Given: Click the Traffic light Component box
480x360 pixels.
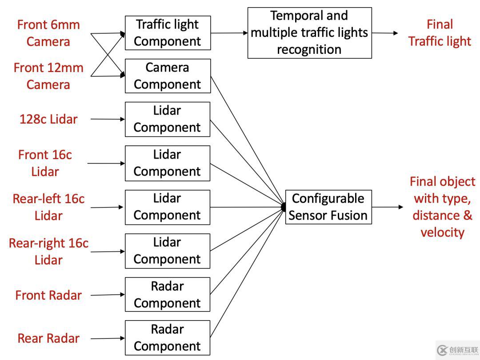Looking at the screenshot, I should [x=168, y=33].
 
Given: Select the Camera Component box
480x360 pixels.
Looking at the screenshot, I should [x=168, y=76].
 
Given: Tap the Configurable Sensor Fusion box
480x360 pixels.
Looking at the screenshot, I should [x=328, y=207].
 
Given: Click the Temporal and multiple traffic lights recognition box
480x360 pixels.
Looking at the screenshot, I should [x=309, y=33].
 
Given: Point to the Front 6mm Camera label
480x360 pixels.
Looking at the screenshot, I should [x=48, y=33].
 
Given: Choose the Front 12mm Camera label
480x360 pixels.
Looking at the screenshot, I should [x=48, y=76].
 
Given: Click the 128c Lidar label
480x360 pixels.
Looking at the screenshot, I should [x=48, y=119].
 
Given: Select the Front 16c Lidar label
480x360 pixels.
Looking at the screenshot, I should [x=45, y=163].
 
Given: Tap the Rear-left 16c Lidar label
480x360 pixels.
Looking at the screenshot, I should [x=48, y=207].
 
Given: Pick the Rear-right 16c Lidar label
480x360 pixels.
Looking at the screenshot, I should [x=48, y=251].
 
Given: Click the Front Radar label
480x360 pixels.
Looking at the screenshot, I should [x=48, y=295].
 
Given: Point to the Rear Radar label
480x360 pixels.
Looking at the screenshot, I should [x=48, y=338].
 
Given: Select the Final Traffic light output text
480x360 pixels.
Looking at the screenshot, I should [x=440, y=33].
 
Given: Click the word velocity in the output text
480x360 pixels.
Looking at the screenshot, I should [x=442, y=232].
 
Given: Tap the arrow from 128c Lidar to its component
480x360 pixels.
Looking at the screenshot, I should [x=108, y=119].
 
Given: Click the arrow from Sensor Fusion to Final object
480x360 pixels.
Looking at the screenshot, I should [x=388, y=207].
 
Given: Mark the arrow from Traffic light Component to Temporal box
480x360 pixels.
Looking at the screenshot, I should [x=229, y=33].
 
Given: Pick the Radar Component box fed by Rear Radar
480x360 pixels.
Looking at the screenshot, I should [x=168, y=337].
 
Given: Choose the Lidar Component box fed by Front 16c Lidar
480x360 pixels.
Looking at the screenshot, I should [x=168, y=163].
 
